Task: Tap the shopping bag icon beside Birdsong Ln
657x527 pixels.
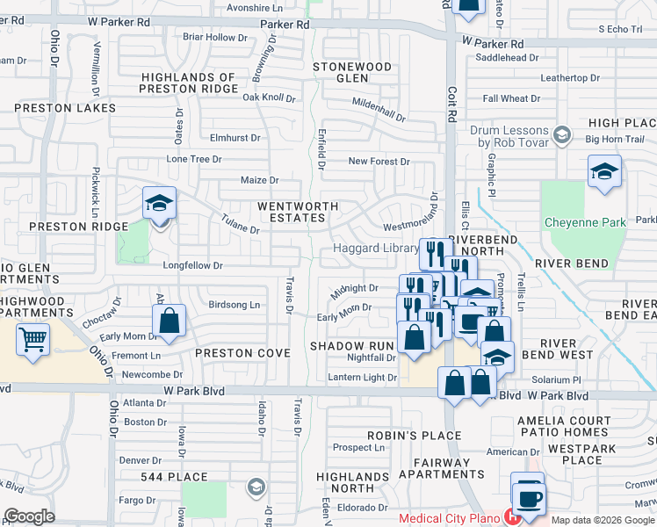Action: pos(170,321)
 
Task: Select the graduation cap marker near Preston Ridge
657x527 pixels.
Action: pos(160,204)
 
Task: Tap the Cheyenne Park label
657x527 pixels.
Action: pos(584,222)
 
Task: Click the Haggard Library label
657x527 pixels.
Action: pos(375,249)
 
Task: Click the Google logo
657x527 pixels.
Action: pos(29,516)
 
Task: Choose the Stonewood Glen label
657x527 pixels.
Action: pos(353,72)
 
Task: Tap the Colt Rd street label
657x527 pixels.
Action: pos(453,97)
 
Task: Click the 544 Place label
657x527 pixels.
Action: pos(175,477)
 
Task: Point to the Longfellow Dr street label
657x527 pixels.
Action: pos(192,264)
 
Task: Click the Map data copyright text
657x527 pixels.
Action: pos(603,520)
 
